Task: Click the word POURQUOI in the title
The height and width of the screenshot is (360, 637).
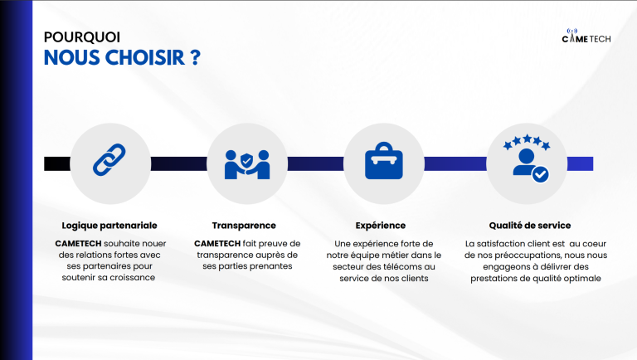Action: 81,37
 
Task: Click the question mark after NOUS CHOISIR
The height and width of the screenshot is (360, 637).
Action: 196,58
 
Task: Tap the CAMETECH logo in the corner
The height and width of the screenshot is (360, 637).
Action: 586,36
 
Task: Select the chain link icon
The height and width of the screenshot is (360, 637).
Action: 109,160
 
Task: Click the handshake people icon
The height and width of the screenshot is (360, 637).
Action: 247,164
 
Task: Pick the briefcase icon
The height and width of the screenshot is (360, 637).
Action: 384,161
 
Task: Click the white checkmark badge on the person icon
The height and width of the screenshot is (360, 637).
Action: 540,175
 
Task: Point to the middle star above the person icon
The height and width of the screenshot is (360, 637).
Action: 527,139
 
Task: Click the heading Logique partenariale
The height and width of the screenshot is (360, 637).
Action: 109,226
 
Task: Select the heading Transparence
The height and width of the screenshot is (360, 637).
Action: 244,226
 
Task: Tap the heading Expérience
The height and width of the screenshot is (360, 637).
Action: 380,226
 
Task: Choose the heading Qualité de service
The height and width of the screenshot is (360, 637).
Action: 530,226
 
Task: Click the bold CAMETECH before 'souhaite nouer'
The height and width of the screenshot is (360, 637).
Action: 79,243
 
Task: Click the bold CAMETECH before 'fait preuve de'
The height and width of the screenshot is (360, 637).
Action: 217,243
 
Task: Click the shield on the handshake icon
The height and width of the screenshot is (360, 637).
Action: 246,160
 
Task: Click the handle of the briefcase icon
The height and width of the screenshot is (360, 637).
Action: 384,146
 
